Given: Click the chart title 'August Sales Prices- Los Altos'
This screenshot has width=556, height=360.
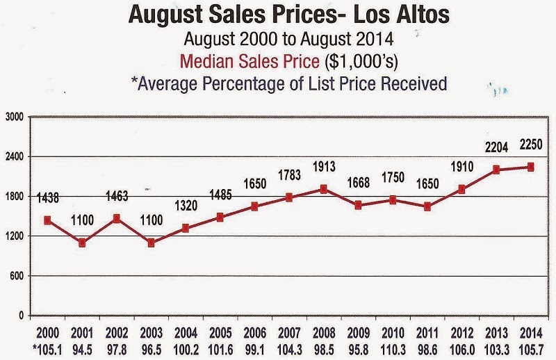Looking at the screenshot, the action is (x=289, y=15).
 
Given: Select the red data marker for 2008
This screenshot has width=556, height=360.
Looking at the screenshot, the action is (x=323, y=189).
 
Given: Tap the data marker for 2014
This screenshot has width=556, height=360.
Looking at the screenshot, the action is (x=531, y=167).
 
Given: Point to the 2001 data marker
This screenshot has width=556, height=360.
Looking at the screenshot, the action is (x=82, y=243).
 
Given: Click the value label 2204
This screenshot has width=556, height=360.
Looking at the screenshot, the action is (x=496, y=147).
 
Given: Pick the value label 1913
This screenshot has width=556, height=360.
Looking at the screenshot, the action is (x=324, y=166).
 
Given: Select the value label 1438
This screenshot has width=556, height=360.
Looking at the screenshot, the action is (x=48, y=198).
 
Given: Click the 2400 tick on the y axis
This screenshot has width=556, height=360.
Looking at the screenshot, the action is (x=14, y=156).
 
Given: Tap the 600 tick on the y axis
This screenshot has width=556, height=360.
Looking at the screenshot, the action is (x=17, y=276).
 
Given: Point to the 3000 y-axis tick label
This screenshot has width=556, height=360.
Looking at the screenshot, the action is (x=14, y=117).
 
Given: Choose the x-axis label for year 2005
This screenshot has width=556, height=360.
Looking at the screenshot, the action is (x=220, y=334).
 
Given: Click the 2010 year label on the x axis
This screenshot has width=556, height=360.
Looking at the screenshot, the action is (x=393, y=334).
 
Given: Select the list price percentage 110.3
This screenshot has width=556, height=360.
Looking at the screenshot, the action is (x=393, y=350).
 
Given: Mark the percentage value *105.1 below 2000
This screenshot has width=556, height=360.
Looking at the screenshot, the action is (x=47, y=350).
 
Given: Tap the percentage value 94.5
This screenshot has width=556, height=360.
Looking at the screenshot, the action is (x=82, y=350).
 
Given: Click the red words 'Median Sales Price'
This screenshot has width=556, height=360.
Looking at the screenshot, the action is (x=250, y=61).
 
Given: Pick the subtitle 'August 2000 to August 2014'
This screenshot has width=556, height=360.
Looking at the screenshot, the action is (x=288, y=39).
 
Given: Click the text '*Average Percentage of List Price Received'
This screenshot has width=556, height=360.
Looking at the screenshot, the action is (x=289, y=83).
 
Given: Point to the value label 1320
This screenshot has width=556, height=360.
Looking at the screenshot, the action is (x=186, y=205).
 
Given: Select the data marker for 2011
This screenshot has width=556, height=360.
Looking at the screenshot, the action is (x=427, y=206).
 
